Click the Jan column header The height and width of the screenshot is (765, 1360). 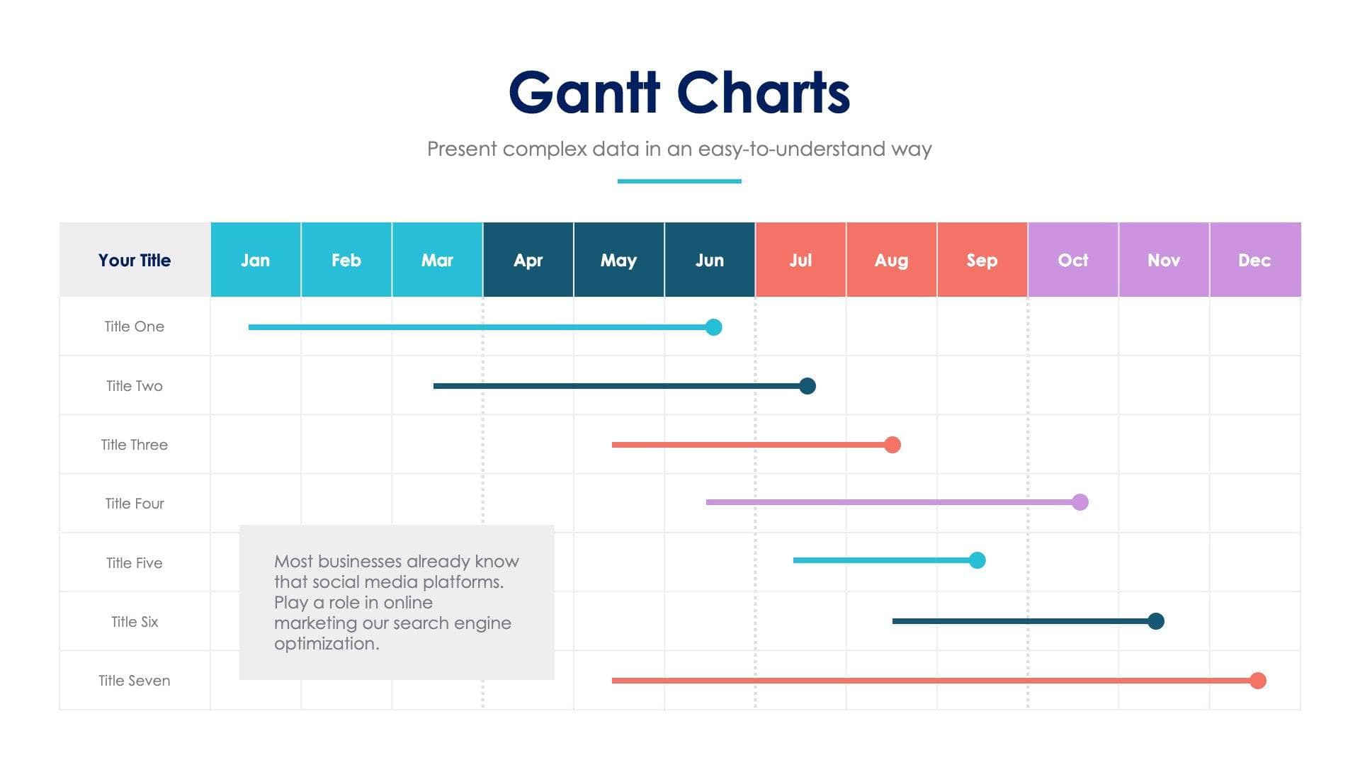click(x=255, y=260)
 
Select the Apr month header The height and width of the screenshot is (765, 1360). click(x=528, y=260)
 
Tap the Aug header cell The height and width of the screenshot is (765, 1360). click(x=891, y=260)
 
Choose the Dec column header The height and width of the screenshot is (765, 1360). click(x=1254, y=260)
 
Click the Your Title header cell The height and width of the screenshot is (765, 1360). click(x=135, y=260)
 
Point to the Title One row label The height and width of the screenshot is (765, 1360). click(x=135, y=327)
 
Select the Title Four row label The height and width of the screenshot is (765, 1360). click(x=135, y=504)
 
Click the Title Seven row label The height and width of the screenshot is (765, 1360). click(x=135, y=681)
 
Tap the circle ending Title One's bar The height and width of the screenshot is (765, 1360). click(x=714, y=327)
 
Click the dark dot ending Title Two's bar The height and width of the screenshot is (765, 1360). click(x=807, y=386)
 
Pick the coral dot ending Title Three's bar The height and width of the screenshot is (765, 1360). click(x=892, y=445)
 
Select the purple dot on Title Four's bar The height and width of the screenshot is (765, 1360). click(x=1080, y=502)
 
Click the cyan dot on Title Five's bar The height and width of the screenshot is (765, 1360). click(x=977, y=560)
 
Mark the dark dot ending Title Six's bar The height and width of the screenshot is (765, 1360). click(x=1156, y=621)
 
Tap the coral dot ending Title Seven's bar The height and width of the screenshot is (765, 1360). click(x=1258, y=681)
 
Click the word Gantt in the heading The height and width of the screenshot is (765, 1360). click(x=584, y=93)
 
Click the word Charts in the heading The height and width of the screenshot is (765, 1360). click(x=764, y=93)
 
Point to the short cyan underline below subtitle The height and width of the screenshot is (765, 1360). click(x=679, y=181)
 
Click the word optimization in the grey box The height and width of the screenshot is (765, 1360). click(x=326, y=644)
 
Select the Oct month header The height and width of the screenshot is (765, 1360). click(x=1072, y=260)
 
